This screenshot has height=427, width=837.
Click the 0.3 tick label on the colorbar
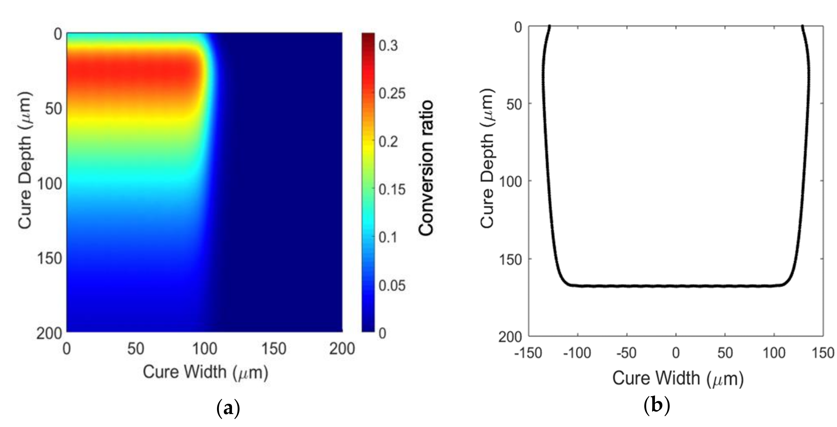click(388, 46)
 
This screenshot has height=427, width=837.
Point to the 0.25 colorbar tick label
click(392, 94)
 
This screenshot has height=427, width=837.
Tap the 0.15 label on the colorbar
click(392, 189)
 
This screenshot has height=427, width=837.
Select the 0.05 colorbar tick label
click(392, 286)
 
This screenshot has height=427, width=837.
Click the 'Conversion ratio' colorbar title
click(426, 168)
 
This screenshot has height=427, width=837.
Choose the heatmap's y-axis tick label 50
click(53, 108)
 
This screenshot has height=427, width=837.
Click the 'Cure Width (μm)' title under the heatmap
click(205, 372)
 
